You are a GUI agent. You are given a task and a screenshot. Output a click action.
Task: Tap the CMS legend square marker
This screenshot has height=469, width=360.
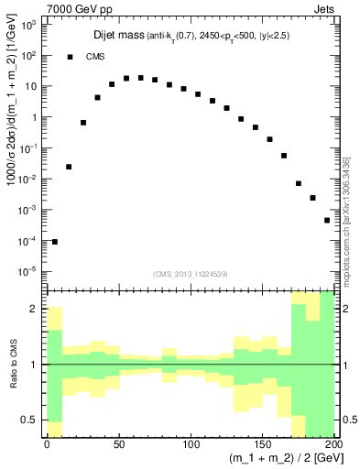tap(70, 57)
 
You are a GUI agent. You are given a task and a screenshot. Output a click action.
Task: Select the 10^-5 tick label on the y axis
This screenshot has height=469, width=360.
tap(27, 271)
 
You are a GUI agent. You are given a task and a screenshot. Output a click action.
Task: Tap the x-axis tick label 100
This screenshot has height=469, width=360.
tap(191, 445)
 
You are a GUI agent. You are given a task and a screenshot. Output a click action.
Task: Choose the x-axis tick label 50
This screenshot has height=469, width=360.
tap(119, 445)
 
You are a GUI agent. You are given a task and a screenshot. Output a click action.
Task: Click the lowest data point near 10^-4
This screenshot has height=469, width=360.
tap(54, 242)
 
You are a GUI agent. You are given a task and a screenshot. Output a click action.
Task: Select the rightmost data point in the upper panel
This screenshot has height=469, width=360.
tap(327, 221)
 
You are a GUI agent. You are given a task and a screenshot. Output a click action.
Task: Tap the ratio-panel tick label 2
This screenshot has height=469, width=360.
tap(35, 309)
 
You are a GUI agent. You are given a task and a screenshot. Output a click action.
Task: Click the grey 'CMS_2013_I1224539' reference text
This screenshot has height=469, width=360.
tap(190, 273)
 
